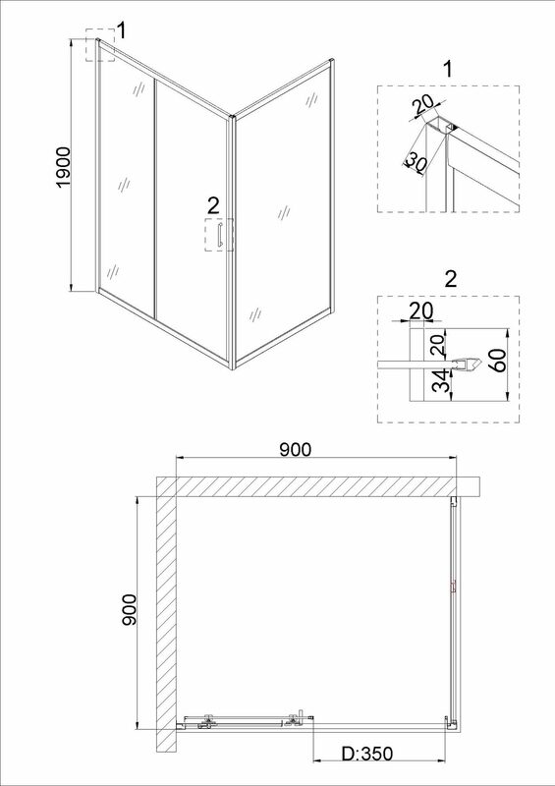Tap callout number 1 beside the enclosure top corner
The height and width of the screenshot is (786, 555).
[x=121, y=30]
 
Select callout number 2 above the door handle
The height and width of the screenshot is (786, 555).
[x=213, y=205]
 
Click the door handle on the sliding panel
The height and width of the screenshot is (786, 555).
[x=219, y=236]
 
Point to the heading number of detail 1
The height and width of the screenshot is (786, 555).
[x=448, y=69]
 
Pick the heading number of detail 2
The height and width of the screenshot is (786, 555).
[x=451, y=279]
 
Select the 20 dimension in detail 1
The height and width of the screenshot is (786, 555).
[x=422, y=105]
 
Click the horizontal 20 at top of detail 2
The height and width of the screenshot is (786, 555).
[x=421, y=310]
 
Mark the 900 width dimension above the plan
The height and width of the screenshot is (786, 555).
[x=296, y=450]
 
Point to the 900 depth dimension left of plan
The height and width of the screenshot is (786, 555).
[x=129, y=609]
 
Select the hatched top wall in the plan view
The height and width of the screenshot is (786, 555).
[x=318, y=486]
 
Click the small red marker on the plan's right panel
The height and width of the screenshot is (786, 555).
[x=453, y=587]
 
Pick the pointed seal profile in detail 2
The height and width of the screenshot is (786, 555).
[x=468, y=365]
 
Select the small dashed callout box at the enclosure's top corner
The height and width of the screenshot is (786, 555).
[x=100, y=45]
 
